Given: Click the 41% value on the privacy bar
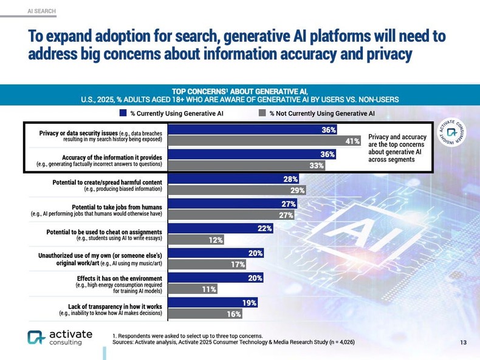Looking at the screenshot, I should click(352, 141).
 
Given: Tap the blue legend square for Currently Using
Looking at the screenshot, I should click(122, 112).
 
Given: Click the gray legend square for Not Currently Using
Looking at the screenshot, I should click(262, 112).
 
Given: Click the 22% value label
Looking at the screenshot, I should click(264, 228).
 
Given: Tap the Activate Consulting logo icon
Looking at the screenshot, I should click(36, 338).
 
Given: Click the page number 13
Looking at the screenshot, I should click(463, 343).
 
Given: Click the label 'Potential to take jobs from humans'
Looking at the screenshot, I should click(116, 206).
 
